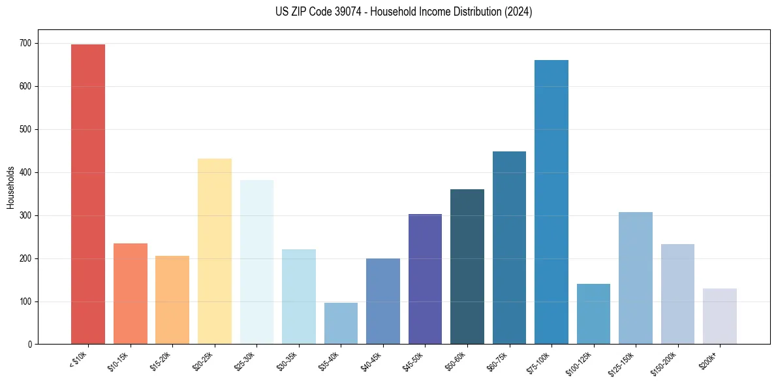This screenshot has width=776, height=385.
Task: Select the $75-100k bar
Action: tap(551, 202)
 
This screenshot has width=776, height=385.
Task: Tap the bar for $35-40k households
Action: tap(341, 323)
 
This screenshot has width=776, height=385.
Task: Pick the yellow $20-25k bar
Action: tap(215, 251)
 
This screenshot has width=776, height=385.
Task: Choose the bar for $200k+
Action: tap(720, 316)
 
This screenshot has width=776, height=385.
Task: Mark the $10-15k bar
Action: tap(131, 294)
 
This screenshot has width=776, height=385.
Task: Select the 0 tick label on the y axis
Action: tap(30, 344)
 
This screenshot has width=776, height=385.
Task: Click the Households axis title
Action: tap(10, 187)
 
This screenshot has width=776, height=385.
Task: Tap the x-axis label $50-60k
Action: tap(455, 361)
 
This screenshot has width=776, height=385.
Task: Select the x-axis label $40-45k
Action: tap(371, 361)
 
